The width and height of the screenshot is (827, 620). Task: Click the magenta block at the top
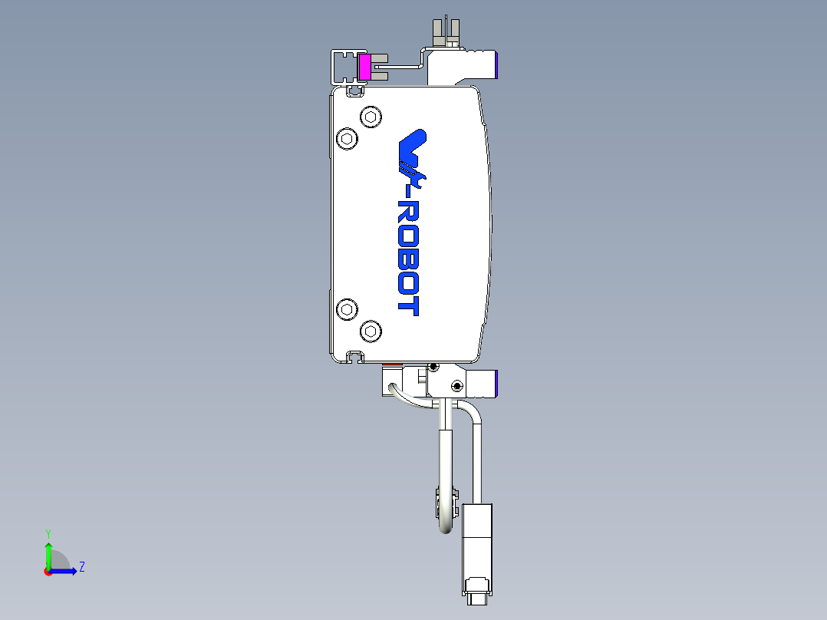[x=365, y=68]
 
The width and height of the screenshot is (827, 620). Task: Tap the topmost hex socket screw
[x=371, y=117]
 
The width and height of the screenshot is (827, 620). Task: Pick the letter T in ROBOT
[x=408, y=306]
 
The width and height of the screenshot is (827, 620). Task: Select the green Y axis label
[x=48, y=532]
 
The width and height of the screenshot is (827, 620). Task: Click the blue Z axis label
[x=81, y=567]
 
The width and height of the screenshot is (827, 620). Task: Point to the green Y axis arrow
[x=48, y=552]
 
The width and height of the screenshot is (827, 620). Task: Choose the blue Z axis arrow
[x=66, y=570]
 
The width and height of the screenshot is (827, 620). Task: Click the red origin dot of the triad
[x=48, y=571]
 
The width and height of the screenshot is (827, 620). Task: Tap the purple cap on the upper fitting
[x=498, y=66]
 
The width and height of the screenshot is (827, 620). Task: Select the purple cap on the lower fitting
[x=498, y=382]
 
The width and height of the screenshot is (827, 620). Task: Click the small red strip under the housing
[x=391, y=364]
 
